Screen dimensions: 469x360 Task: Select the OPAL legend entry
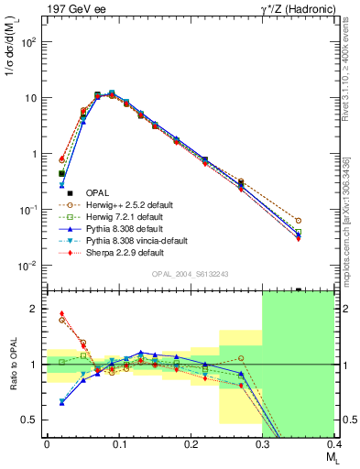tap(97, 192)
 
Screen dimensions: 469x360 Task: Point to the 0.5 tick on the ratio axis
tap(34, 420)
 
